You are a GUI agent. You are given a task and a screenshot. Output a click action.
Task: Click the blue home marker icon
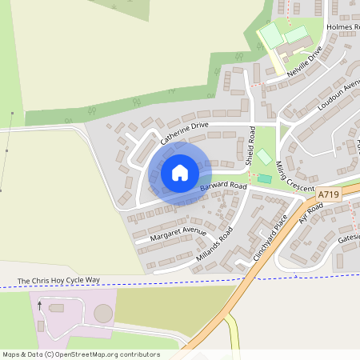pyautogui.click(x=180, y=172)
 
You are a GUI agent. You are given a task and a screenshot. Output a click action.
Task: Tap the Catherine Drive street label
pyautogui.click(x=184, y=133)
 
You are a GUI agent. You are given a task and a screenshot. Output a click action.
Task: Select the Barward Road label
pyautogui.click(x=223, y=186)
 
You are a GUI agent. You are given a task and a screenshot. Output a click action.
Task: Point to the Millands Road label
pyautogui.click(x=214, y=245)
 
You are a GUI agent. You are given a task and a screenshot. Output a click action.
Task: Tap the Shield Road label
pyautogui.click(x=250, y=146)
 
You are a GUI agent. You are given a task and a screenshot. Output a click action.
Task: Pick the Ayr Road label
pyautogui.click(x=310, y=214)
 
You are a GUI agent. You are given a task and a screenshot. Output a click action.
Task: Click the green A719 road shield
pyautogui.click(x=328, y=194)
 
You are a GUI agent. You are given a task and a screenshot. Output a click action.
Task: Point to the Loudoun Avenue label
pyautogui.click(x=335, y=98)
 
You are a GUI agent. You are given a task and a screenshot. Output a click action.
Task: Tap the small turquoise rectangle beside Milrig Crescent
pyautogui.click(x=264, y=178)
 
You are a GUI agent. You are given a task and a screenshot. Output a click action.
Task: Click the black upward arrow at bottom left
pyautogui.click(x=39, y=306)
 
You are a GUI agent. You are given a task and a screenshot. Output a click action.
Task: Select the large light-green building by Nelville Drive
pyautogui.click(x=270, y=34)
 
